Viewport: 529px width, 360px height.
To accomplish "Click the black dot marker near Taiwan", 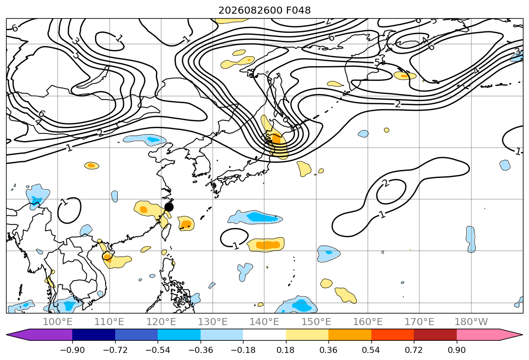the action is pos(169,207).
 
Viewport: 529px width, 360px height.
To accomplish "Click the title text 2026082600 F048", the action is pos(265,11).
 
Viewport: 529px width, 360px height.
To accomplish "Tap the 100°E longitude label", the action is pos(58,322).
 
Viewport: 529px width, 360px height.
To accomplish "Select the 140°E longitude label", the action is pos(264,322).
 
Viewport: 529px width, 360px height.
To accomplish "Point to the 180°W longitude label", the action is pos(471,322).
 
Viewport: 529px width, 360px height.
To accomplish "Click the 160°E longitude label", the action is pos(368,322).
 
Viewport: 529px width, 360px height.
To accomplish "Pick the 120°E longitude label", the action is pos(161,322).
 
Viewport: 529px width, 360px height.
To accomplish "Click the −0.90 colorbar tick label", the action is pos(72,350).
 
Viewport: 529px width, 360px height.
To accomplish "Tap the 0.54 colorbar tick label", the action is pos(371,350).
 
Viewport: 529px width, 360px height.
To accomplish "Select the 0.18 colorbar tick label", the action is pos(286,350).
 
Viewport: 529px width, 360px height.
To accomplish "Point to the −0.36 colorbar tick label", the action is pos(201,350).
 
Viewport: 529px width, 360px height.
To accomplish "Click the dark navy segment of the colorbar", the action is pos(93,335).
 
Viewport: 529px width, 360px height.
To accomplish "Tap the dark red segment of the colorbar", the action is pos(435,335).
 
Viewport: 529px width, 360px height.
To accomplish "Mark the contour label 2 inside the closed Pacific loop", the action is pos(386,184).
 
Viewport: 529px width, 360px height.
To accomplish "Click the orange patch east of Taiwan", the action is pos(186,223).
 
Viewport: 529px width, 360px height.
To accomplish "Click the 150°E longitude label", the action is pos(316,322).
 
